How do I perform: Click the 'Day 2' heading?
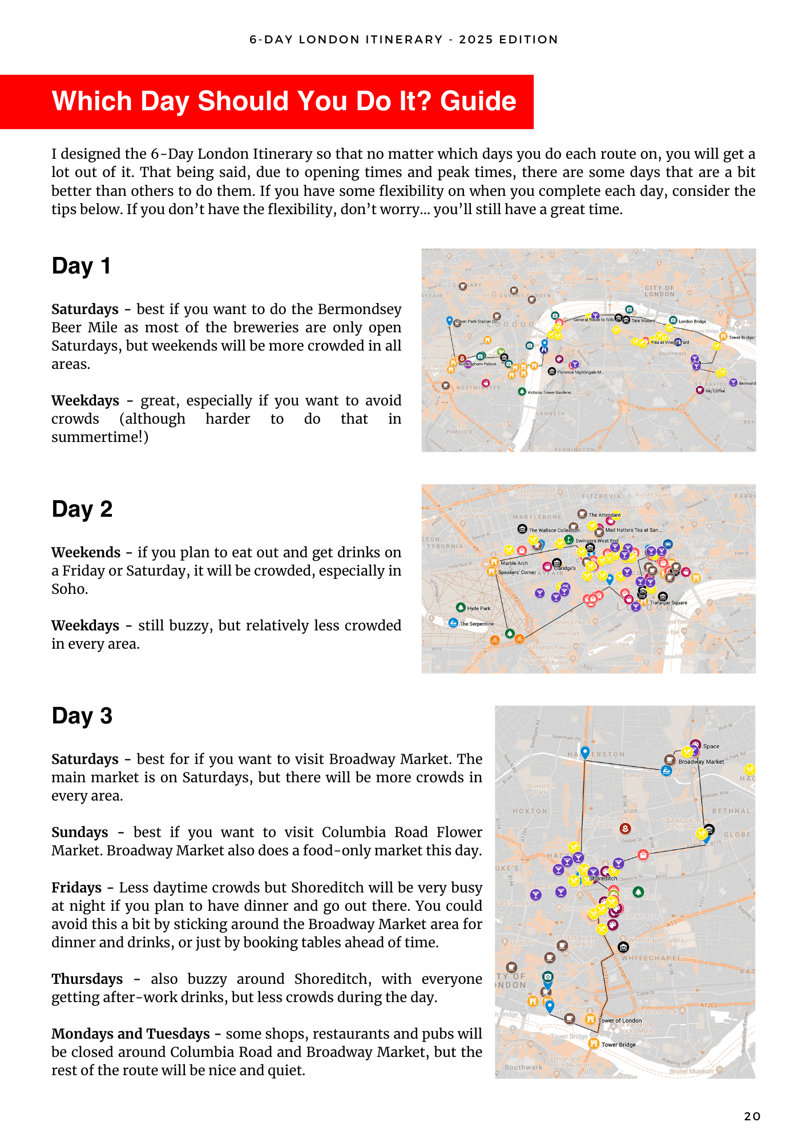pos(82,509)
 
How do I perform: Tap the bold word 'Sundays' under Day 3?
pos(80,833)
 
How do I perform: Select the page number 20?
pos(752,1116)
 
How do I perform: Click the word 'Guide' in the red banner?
pos(478,102)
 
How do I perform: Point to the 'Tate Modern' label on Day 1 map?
pos(643,321)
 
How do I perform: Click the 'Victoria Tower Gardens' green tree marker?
pos(522,392)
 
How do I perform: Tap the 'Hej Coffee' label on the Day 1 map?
pos(715,391)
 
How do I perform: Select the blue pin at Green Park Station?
pos(449,321)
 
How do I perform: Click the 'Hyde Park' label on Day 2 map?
pos(479,609)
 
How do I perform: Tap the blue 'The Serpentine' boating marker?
pos(453,622)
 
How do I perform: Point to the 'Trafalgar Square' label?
pos(668,603)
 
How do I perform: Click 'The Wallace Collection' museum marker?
pos(522,529)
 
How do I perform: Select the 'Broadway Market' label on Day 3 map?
pos(701,762)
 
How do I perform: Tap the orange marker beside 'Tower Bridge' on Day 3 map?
pos(594,1044)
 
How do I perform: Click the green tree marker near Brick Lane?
pos(638,891)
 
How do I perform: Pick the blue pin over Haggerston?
pos(585,752)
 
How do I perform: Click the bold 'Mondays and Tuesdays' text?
pos(131,1034)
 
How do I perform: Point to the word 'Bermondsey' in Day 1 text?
pos(360,309)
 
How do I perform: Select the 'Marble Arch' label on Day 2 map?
pos(514,563)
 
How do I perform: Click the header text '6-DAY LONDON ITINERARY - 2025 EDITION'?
pos(403,39)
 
